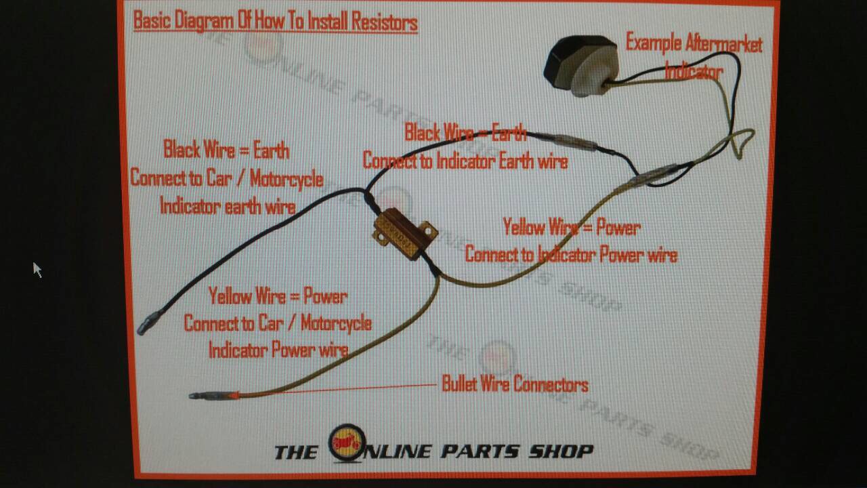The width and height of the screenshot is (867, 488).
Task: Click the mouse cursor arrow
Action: (37, 269)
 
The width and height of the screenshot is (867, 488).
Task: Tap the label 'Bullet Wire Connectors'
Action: (515, 384)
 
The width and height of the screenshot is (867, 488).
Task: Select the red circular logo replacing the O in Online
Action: (347, 444)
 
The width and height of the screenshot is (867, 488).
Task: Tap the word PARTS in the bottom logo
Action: (480, 451)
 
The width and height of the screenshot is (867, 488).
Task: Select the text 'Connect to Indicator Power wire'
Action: (570, 254)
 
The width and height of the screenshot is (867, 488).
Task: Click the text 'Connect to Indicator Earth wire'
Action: (465, 161)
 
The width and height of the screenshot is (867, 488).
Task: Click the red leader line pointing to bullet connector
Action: (339, 388)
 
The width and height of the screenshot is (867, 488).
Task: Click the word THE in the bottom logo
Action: (295, 451)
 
